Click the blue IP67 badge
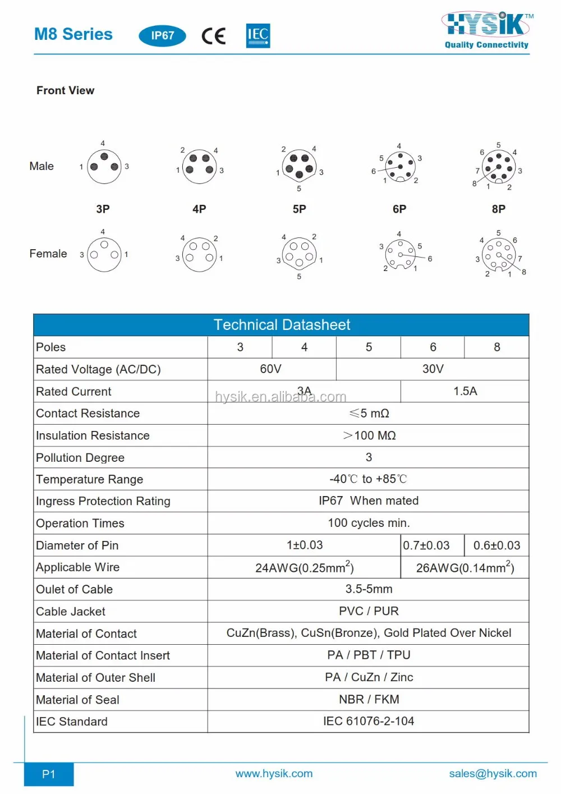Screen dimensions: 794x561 [162, 36]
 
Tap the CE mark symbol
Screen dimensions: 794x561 [214, 36]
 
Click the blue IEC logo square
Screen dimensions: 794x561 [258, 35]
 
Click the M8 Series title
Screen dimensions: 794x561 [73, 34]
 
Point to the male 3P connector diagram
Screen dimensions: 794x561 [104, 167]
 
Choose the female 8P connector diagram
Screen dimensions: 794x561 [498, 255]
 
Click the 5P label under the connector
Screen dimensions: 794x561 [299, 209]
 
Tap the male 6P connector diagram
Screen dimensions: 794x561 [399, 166]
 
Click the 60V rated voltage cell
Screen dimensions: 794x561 [271, 369]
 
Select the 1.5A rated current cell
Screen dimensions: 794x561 [465, 391]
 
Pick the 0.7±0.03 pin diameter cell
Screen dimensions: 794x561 [427, 545]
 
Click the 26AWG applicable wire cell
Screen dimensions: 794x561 [465, 568]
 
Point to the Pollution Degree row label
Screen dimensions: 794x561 [80, 458]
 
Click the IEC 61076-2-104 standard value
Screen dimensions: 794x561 [368, 722]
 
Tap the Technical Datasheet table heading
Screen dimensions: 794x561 [282, 325]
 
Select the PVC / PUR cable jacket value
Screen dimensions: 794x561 [369, 611]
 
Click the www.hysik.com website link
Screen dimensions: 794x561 [274, 774]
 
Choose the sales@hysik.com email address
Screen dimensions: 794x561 [493, 774]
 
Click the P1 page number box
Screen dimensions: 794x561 [49, 774]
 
